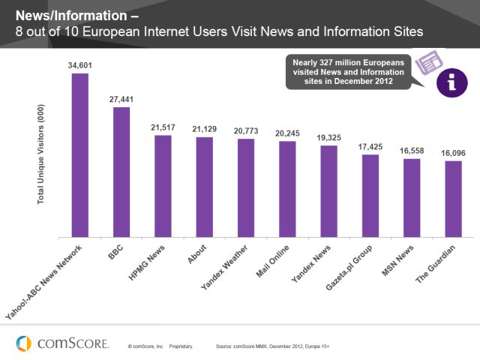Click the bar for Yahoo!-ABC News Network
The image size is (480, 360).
(79, 155)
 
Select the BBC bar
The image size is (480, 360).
(121, 172)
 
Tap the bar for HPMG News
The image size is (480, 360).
(163, 186)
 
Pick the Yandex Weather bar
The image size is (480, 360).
(246, 188)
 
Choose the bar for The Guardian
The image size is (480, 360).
(453, 199)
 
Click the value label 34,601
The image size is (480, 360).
(79, 66)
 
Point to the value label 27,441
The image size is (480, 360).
(121, 100)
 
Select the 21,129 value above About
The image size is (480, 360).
(204, 130)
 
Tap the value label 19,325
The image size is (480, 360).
(328, 138)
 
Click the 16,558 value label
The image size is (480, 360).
(411, 151)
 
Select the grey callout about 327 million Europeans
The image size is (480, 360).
(349, 71)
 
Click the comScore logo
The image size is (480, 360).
(63, 343)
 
